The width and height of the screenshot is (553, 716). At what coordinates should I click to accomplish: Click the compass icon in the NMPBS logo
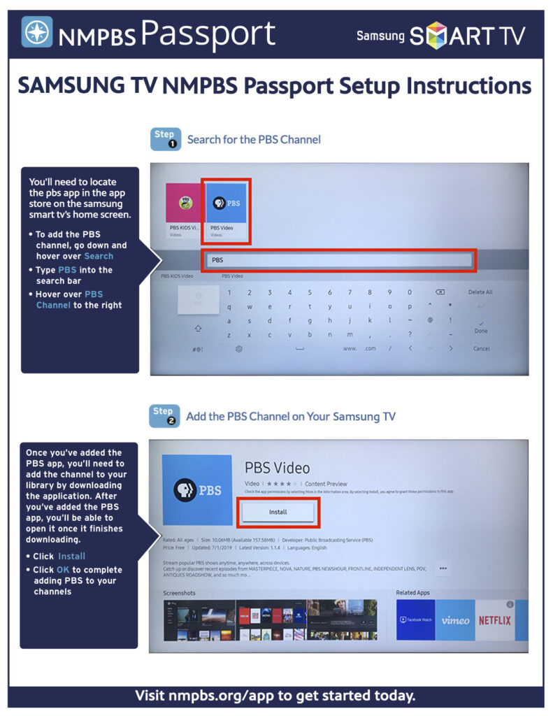(x=36, y=32)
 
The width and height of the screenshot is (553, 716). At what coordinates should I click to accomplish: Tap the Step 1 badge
(x=166, y=139)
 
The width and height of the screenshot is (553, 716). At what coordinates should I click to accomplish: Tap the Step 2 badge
(x=166, y=416)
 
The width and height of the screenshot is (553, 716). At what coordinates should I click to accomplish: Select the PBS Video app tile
(x=226, y=211)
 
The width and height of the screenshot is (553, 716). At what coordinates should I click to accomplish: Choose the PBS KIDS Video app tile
(x=183, y=211)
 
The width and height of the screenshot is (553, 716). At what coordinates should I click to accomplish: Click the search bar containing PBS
(x=339, y=260)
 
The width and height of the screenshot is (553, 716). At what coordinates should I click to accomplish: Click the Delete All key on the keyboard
(x=480, y=292)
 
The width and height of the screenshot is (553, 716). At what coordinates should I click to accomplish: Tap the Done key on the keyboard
(x=481, y=331)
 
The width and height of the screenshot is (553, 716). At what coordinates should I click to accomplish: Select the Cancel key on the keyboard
(x=481, y=348)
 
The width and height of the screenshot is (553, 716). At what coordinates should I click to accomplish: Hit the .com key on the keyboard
(x=370, y=348)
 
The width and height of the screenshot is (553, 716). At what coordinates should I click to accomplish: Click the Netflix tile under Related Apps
(x=494, y=620)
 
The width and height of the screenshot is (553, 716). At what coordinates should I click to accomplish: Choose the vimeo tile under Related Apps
(x=455, y=620)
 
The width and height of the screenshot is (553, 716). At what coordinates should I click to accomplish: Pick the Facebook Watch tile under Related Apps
(x=415, y=620)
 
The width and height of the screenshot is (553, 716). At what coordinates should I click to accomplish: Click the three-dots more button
(x=443, y=568)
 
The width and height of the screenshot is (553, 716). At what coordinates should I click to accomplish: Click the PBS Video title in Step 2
(x=277, y=467)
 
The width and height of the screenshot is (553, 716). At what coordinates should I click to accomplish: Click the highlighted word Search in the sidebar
(x=99, y=257)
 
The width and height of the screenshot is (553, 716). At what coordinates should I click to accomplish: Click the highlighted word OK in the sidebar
(x=63, y=570)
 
